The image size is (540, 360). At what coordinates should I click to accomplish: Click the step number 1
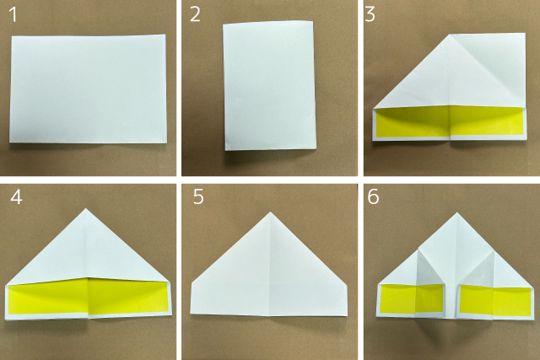click(x=13, y=15)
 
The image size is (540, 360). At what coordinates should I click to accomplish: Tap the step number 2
click(x=195, y=15)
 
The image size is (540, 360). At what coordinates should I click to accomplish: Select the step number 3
click(x=370, y=15)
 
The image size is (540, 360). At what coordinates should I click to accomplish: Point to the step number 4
click(x=16, y=197)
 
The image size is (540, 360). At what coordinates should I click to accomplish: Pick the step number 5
click(x=198, y=197)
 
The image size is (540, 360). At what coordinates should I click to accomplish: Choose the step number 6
click(x=373, y=197)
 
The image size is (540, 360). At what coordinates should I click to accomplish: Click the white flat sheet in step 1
click(x=88, y=89)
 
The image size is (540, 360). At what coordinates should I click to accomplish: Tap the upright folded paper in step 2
click(x=269, y=85)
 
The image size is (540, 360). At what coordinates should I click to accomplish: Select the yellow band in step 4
click(x=88, y=297)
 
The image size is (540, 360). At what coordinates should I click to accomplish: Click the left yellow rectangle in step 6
click(x=412, y=298)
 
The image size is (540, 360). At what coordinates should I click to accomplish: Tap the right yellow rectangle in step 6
click(x=495, y=300)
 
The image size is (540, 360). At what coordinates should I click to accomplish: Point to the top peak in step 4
click(x=86, y=208)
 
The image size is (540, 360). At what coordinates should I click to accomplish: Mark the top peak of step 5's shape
click(x=270, y=212)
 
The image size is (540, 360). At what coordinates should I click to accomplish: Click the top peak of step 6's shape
click(x=457, y=213)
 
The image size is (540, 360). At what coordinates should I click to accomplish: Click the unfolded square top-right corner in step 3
click(x=525, y=34)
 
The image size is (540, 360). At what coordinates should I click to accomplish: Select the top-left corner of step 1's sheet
click(x=12, y=36)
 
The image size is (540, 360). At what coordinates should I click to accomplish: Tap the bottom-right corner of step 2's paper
click(x=316, y=148)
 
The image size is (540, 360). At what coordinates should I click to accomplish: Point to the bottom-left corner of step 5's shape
click(x=191, y=313)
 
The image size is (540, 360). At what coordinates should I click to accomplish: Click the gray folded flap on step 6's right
click(x=481, y=271)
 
